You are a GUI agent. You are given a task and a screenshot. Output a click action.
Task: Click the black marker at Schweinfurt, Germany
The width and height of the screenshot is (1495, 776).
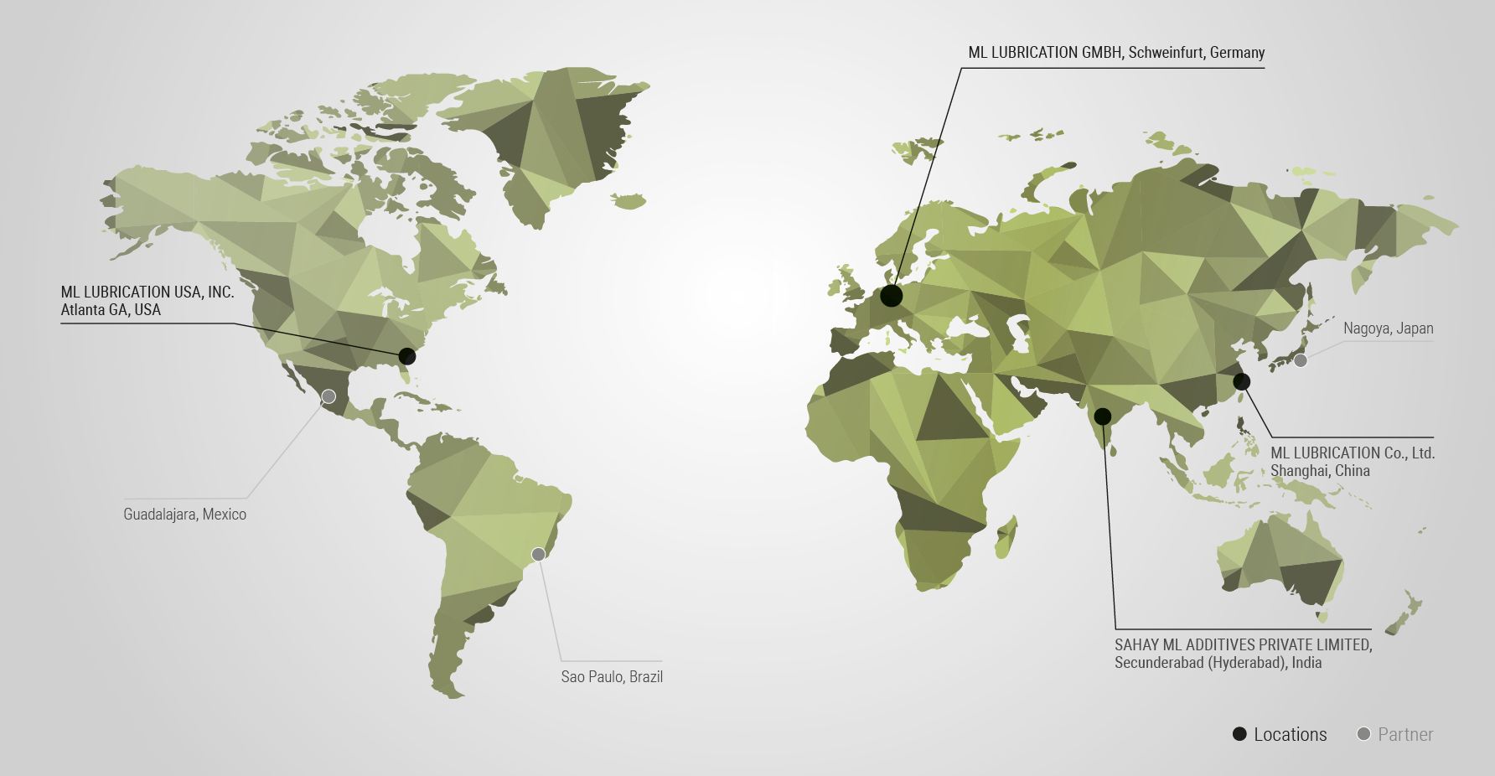pos(892,295)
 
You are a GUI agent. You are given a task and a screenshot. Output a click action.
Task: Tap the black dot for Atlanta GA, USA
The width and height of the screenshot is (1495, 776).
pos(407,355)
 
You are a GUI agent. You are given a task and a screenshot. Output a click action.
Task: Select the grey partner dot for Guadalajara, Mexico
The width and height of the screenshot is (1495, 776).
pos(328,396)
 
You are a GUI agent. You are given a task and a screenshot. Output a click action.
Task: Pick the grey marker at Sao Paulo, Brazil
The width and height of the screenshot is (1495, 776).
pos(539,554)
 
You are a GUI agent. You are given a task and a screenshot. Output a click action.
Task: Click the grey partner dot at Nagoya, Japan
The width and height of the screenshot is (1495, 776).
pos(1301,360)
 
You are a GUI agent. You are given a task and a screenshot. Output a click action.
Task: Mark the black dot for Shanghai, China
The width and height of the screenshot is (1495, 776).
pos(1242,381)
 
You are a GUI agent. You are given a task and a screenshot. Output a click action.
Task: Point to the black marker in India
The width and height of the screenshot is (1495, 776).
pos(1103,416)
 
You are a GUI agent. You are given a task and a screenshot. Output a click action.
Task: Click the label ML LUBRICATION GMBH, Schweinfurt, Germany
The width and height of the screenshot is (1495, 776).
pos(1116,53)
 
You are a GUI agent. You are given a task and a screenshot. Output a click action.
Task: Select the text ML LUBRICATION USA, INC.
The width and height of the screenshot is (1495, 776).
pos(147,292)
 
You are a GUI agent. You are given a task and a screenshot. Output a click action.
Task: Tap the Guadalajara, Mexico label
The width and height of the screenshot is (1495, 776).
pos(184,515)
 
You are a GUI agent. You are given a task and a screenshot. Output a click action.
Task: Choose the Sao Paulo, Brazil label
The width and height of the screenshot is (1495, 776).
pos(612,676)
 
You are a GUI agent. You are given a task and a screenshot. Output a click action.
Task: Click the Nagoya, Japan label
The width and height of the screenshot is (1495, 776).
pos(1388,329)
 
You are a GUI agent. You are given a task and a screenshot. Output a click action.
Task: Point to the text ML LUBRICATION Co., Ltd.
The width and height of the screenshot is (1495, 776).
pos(1353,453)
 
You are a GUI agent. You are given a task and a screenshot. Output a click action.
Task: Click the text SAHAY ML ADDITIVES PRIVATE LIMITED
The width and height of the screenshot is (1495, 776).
pos(1243,645)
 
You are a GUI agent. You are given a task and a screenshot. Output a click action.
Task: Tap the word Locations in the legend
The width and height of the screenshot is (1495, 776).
pos(1290,735)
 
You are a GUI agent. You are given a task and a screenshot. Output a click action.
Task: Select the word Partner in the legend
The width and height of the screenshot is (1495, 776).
pos(1405,735)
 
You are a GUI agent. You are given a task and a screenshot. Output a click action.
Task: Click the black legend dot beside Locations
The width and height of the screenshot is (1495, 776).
pos(1239,734)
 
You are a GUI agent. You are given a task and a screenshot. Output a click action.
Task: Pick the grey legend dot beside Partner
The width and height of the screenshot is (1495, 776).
pos(1363,734)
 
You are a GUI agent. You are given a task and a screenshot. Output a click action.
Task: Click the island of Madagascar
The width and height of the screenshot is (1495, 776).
pos(1006,536)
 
